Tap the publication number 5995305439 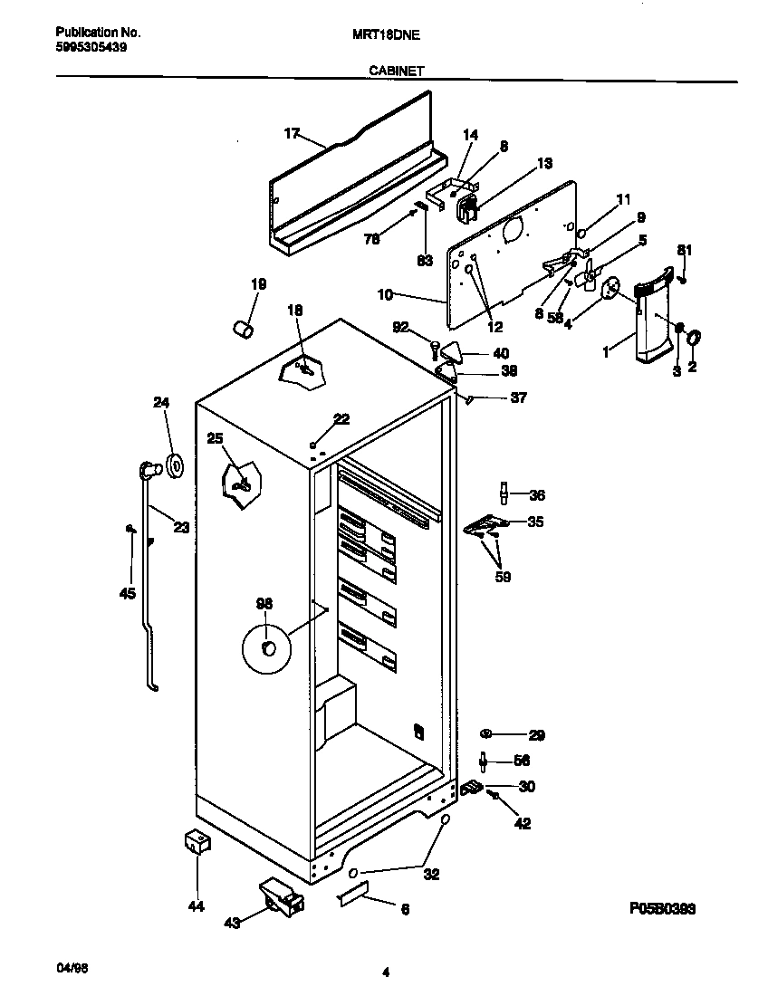[84, 47]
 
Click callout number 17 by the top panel [291, 133]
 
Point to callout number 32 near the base [431, 875]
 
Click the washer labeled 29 [487, 733]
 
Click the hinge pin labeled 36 [500, 493]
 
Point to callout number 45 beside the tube [127, 593]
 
